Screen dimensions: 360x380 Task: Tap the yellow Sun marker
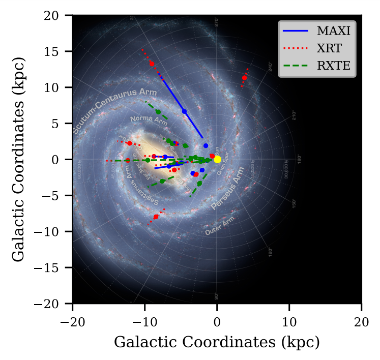tap(217, 159)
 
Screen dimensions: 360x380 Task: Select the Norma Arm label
tap(149, 120)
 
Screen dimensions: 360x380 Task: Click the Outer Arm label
tap(220, 226)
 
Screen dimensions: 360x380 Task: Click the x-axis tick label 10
tap(289, 322)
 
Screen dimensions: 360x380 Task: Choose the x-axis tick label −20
tap(72, 322)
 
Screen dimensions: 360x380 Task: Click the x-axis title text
tap(217, 342)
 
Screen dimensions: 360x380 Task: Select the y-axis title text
tap(18, 160)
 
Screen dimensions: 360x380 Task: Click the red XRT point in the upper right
tap(245, 78)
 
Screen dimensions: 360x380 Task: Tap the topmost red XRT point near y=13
tap(152, 64)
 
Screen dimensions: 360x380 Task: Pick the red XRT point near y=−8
tap(156, 217)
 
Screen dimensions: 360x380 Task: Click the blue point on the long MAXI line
tap(185, 111)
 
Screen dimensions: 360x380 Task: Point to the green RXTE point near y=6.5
tap(158, 112)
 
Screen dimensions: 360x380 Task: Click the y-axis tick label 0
tap(62, 160)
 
